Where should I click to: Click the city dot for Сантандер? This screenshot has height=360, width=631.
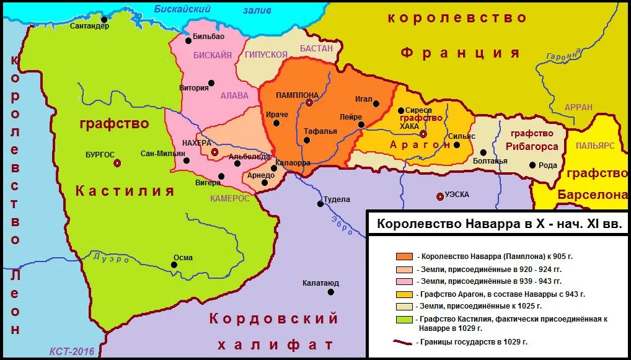[x=104, y=19]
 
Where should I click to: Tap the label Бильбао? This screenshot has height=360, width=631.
[x=208, y=37]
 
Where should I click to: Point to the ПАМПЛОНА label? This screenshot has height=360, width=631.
[x=298, y=95]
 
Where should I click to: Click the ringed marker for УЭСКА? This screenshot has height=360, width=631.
[x=440, y=196]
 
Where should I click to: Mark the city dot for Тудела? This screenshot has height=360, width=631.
[x=320, y=203]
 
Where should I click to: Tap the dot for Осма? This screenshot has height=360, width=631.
[x=174, y=265]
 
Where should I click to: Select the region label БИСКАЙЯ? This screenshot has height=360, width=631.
[x=213, y=55]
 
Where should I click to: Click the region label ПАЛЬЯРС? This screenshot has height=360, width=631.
[x=594, y=145]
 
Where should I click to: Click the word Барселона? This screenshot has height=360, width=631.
[x=592, y=195]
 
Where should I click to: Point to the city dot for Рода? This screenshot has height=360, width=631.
[x=532, y=165]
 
